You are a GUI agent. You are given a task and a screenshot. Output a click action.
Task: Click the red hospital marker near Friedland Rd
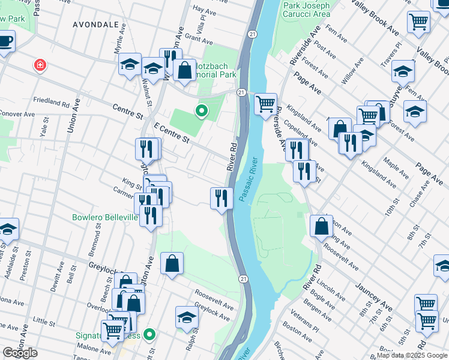click(x=40, y=64)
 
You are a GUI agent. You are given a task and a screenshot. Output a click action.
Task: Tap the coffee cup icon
click(x=5, y=41)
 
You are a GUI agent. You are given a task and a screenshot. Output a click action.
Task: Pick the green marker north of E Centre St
click(x=202, y=110)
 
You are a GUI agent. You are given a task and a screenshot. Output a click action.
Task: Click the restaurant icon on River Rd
click(x=221, y=198)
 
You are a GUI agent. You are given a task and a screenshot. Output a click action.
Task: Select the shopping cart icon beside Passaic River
click(x=265, y=104)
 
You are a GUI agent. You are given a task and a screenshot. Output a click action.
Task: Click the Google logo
click(x=20, y=353)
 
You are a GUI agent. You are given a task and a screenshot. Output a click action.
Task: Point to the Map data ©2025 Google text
click(x=412, y=355)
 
